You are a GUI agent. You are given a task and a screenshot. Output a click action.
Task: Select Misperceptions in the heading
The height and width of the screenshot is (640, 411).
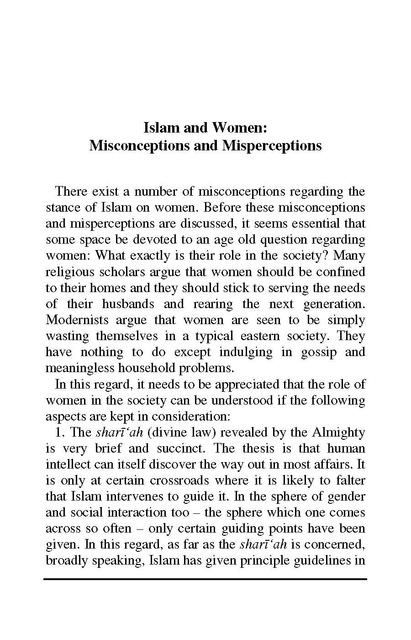[x=272, y=145]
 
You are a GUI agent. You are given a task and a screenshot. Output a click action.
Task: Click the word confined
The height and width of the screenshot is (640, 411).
[x=343, y=272]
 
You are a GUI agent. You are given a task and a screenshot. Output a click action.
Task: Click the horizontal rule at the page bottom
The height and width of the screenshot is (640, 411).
[x=205, y=579]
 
